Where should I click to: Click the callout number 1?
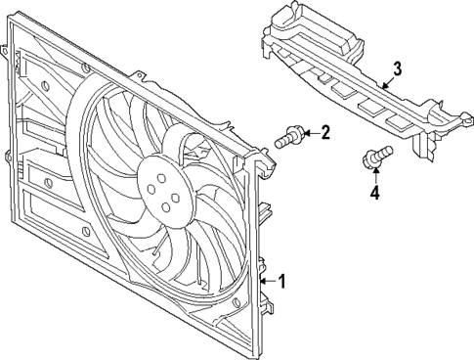tap(282, 283)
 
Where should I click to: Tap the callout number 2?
tap(325, 132)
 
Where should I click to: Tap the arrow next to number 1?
tap(269, 283)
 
